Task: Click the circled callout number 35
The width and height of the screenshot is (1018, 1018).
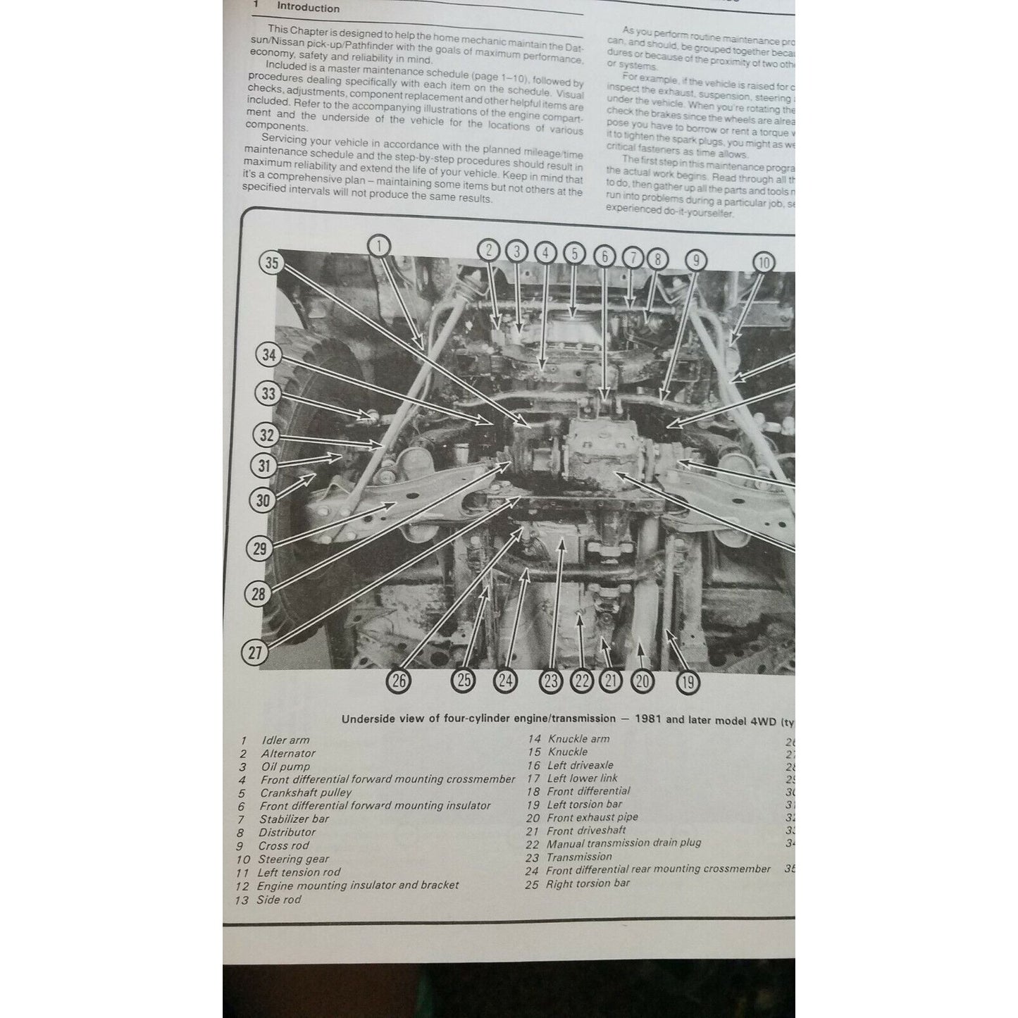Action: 272,263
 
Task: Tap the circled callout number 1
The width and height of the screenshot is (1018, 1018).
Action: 378,246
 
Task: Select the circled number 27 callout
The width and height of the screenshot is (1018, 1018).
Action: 255,652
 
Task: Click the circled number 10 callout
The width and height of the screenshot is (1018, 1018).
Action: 764,263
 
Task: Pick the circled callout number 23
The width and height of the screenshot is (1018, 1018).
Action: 551,681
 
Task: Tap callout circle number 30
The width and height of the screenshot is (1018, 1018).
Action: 263,500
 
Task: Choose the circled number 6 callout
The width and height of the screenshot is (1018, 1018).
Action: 604,256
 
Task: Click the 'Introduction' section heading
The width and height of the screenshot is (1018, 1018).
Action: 308,8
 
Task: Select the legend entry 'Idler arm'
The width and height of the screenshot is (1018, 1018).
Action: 285,740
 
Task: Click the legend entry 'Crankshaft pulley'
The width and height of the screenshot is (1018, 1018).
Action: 306,793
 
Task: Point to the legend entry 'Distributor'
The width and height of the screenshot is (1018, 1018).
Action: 287,832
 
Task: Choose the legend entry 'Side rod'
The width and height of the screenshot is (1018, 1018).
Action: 278,900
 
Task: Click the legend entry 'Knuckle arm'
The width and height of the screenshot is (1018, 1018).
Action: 578,739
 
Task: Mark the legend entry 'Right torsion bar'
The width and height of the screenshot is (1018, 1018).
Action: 588,883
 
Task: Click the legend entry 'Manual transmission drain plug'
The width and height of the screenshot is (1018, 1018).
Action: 623,843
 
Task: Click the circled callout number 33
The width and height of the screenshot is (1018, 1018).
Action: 268,393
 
